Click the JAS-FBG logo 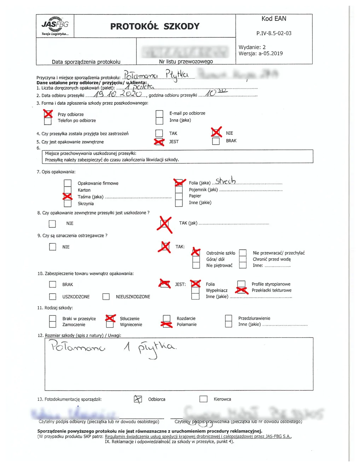click(x=55, y=25)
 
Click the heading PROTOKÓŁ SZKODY click(x=155, y=27)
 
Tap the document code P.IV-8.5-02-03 click(x=274, y=33)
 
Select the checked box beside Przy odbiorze click(x=48, y=114)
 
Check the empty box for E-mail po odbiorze click(x=159, y=114)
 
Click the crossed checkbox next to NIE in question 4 click(x=216, y=133)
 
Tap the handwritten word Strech click(x=225, y=181)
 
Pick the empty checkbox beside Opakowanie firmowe click(x=68, y=183)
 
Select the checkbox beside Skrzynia click(x=68, y=203)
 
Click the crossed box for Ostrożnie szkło click(x=196, y=252)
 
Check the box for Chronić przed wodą click(x=243, y=259)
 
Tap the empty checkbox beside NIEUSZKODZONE click(x=106, y=297)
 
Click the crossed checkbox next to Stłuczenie click(x=110, y=318)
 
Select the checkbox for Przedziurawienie click(x=228, y=318)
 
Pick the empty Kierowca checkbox click(x=203, y=399)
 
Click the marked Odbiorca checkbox click(x=138, y=399)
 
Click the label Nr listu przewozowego click(x=186, y=62)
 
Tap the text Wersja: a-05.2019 click(x=261, y=53)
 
